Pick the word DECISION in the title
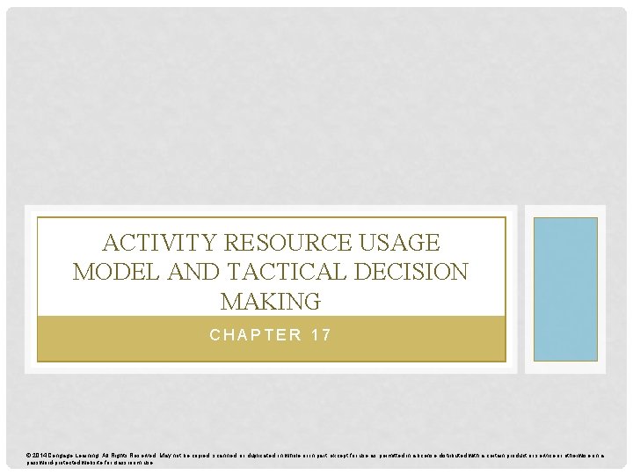tap(412, 273)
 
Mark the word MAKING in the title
tap(271, 303)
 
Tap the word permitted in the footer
tap(404, 455)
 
